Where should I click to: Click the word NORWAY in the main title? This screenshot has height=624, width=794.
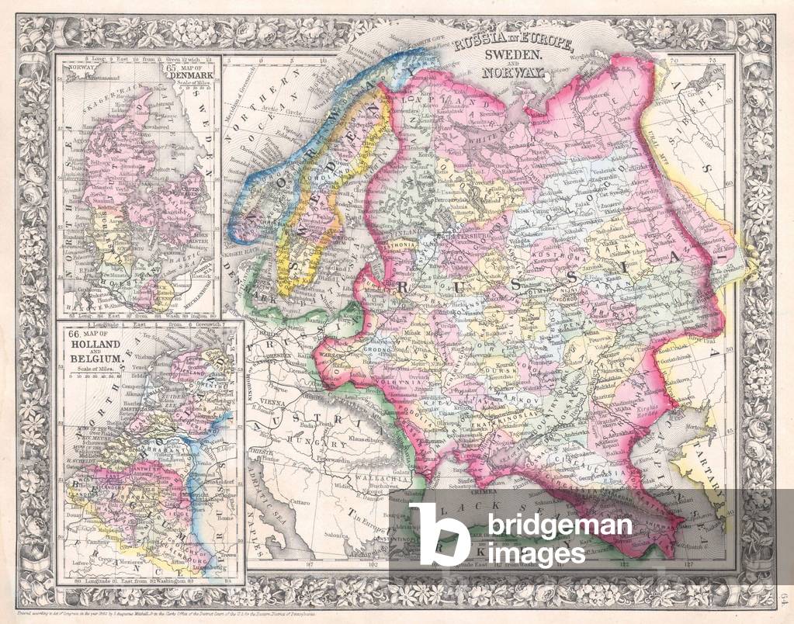[513, 74]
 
